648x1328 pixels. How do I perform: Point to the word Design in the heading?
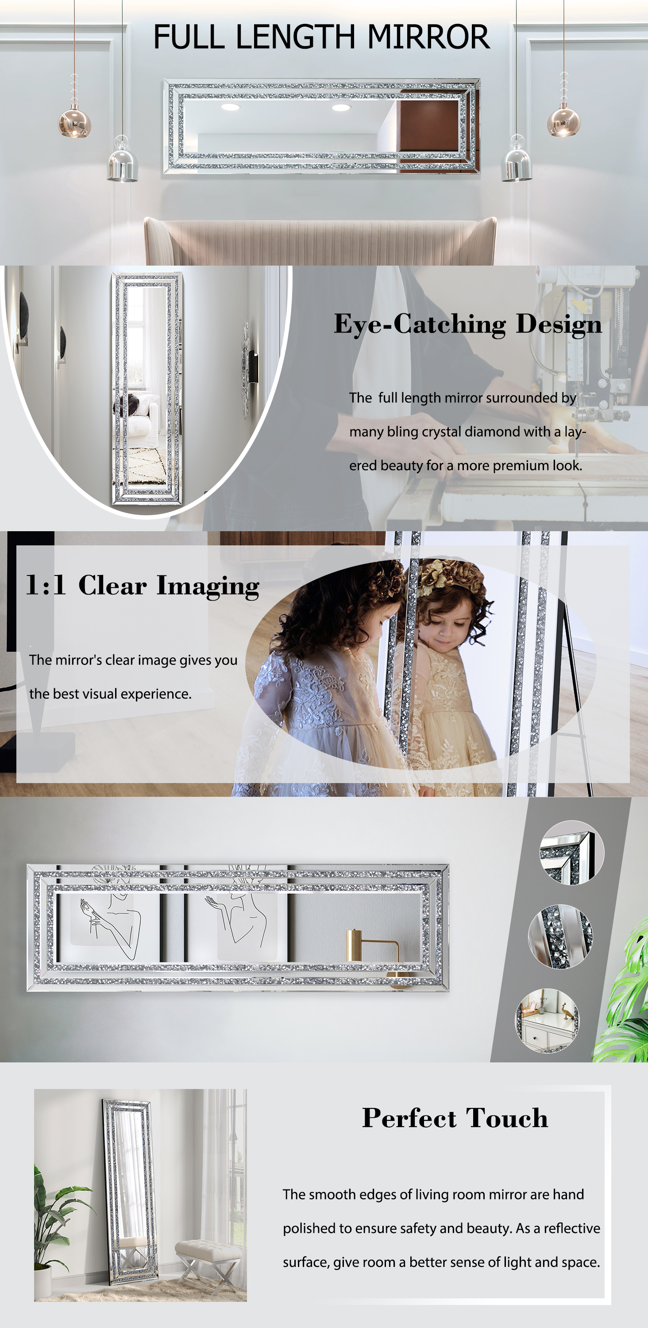point(559,325)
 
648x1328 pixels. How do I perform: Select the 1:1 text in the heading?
point(46,585)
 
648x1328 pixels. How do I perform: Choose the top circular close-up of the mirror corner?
point(572,853)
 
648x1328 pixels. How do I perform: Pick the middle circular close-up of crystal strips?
point(560,936)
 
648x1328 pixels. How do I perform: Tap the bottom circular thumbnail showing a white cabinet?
point(547,1020)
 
